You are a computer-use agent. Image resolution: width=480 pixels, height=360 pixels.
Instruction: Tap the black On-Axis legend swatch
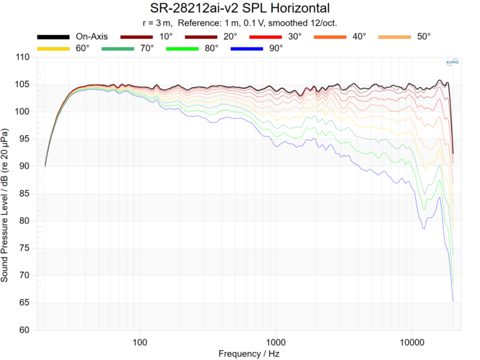coord(53,37)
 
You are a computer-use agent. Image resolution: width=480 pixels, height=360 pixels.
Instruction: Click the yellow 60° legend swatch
coord(53,48)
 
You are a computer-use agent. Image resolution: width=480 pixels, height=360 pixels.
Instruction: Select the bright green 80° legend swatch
coord(182,48)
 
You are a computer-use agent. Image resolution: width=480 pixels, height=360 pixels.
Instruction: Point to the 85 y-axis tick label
coord(24,194)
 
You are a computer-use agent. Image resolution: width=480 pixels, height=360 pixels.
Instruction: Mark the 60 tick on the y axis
coord(24,330)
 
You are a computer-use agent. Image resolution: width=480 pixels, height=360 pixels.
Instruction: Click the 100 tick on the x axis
coord(140,342)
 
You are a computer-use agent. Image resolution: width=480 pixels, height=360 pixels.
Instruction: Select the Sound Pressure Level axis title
coord(6,194)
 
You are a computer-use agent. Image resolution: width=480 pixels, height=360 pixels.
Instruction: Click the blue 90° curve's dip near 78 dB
coord(423,228)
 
